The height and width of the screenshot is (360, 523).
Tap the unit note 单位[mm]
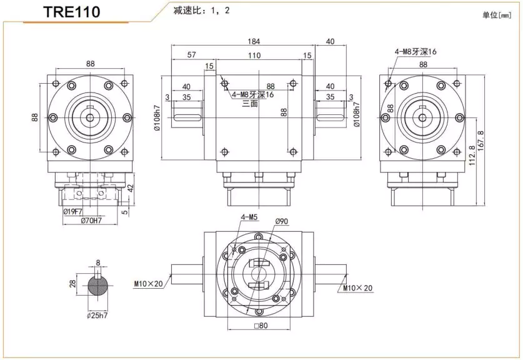[x=497, y=15]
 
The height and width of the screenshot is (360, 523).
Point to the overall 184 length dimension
[x=253, y=41]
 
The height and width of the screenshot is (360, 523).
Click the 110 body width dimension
[x=254, y=56]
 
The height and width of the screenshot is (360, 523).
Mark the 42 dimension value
[x=131, y=187]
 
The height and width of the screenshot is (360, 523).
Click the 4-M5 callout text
[x=249, y=217]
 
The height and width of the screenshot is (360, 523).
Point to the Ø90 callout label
[x=281, y=221]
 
